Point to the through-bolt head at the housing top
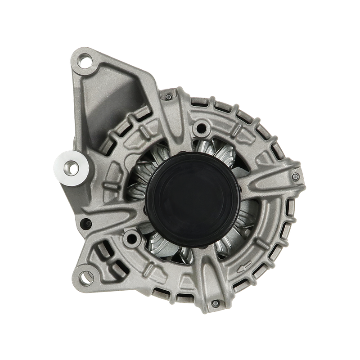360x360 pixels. click(169, 97)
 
